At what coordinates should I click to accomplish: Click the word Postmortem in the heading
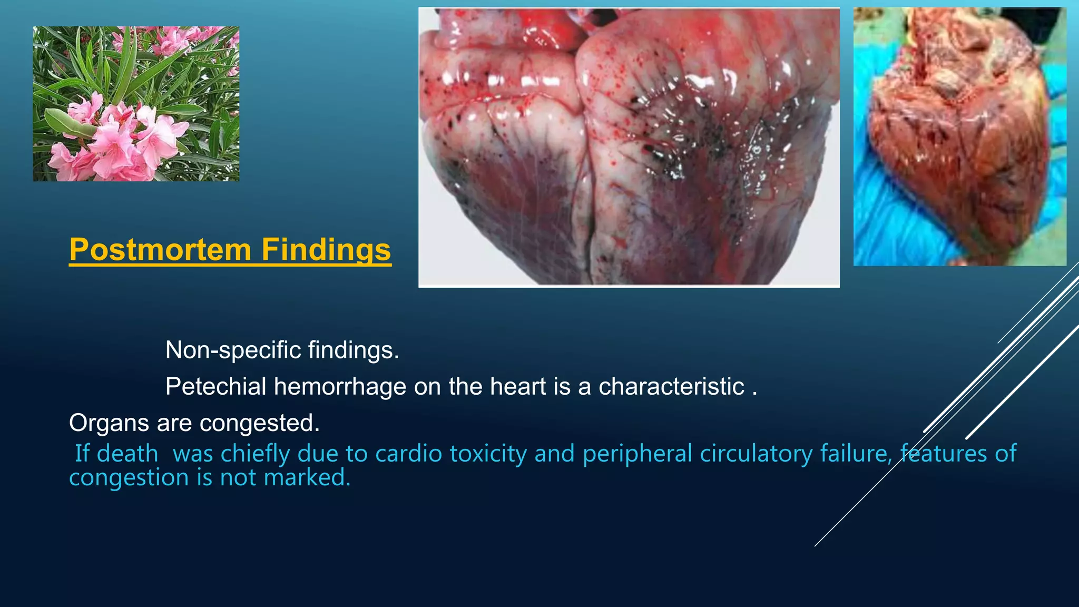pyautogui.click(x=160, y=249)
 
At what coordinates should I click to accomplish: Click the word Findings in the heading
pyautogui.click(x=326, y=249)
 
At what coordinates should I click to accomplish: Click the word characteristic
pyautogui.click(x=671, y=386)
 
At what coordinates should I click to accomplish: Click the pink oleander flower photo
pyautogui.click(x=136, y=104)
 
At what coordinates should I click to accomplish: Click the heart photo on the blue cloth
pyautogui.click(x=959, y=136)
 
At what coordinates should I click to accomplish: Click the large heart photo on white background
pyautogui.click(x=629, y=147)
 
